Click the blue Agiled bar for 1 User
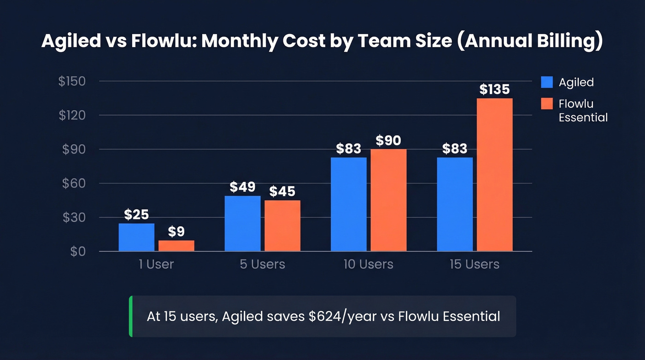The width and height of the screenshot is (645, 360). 136,237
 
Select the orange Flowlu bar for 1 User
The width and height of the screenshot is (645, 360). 176,246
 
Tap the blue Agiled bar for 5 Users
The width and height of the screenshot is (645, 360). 242,224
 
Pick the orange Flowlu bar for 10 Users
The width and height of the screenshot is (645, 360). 388,200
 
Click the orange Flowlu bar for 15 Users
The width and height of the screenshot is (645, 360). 494,175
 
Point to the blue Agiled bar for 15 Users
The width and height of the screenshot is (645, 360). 455,204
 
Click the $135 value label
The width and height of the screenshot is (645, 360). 494,89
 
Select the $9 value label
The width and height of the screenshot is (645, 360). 176,232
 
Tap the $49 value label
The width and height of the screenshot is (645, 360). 242,187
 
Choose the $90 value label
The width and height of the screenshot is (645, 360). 388,140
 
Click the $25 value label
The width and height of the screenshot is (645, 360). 136,215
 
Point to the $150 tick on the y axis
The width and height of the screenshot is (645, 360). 72,82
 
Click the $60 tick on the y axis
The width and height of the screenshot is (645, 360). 74,183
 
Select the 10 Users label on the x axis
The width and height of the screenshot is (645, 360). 368,264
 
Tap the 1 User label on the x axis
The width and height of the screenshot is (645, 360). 156,264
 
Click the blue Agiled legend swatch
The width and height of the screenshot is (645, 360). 546,83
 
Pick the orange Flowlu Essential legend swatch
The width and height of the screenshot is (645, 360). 546,104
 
